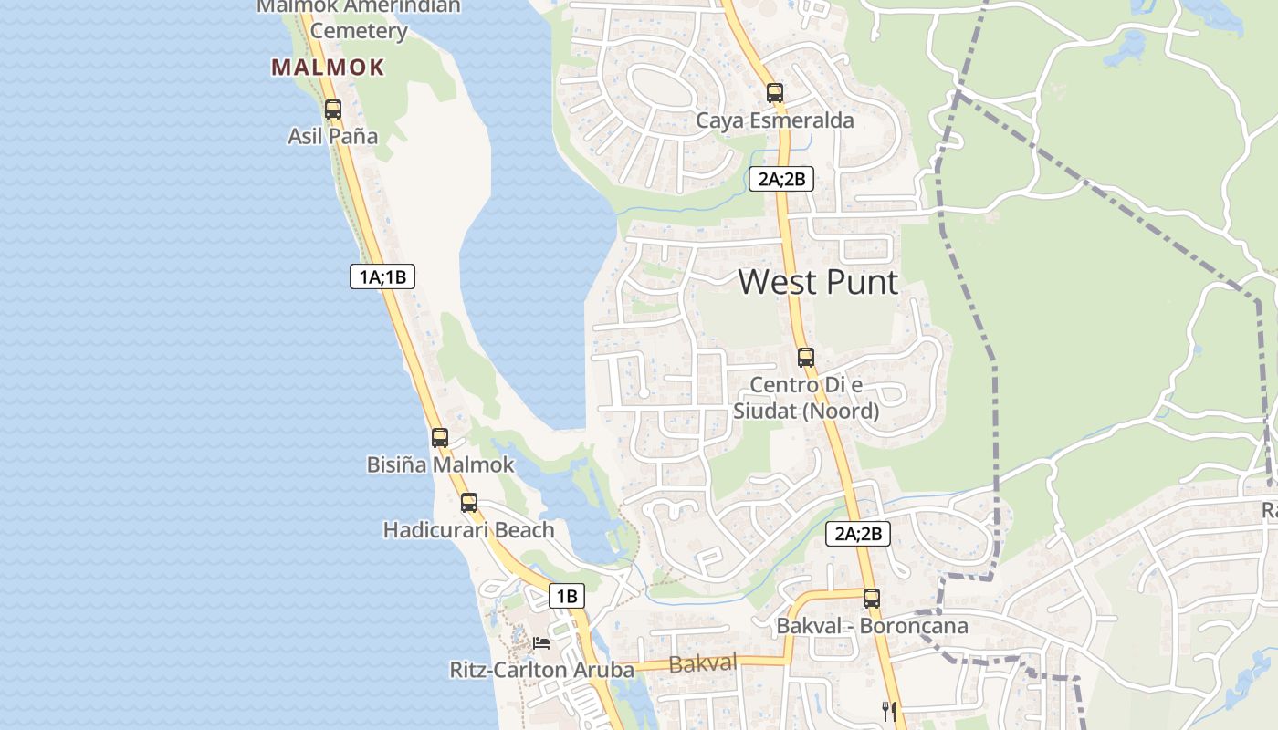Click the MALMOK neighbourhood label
pyautogui.click(x=328, y=68)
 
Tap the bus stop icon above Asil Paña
pyautogui.click(x=333, y=109)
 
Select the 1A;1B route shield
pyautogui.click(x=382, y=276)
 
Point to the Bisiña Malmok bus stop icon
pyautogui.click(x=440, y=438)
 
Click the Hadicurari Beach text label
pyautogui.click(x=468, y=530)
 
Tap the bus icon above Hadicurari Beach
pyautogui.click(x=469, y=503)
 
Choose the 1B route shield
pyautogui.click(x=566, y=597)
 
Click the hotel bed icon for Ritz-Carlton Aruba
pyautogui.click(x=541, y=643)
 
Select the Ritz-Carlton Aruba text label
pyautogui.click(x=541, y=670)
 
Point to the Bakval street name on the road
pyautogui.click(x=703, y=663)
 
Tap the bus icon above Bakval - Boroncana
pyautogui.click(x=872, y=599)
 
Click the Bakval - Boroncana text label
pyautogui.click(x=872, y=627)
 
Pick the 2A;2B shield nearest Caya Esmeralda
pyautogui.click(x=781, y=179)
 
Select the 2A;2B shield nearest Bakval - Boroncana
pyautogui.click(x=858, y=534)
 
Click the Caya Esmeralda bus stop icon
pyautogui.click(x=775, y=93)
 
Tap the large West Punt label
pyautogui.click(x=818, y=282)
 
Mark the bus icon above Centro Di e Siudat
pyautogui.click(x=805, y=358)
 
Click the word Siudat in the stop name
pyautogui.click(x=765, y=412)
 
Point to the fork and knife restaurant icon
pyautogui.click(x=889, y=711)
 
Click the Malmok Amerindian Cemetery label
pyautogui.click(x=358, y=18)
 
